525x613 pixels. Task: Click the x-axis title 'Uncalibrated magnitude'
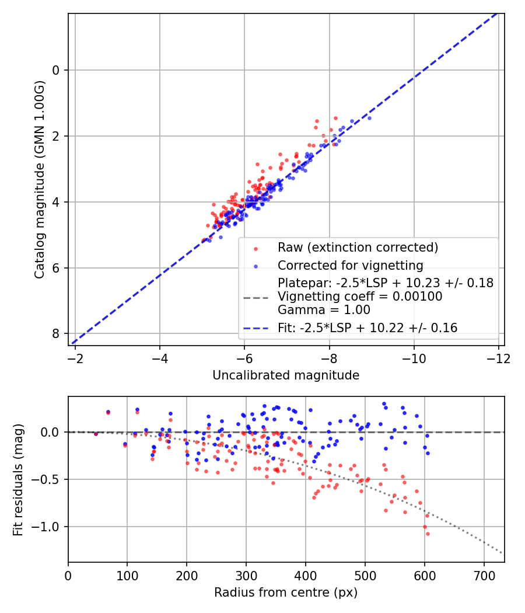pyautogui.click(x=286, y=375)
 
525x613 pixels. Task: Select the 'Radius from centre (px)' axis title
pyautogui.click(x=286, y=593)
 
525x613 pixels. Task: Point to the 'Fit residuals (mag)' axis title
pyautogui.click(x=17, y=479)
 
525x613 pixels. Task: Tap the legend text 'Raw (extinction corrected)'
pyautogui.click(x=357, y=248)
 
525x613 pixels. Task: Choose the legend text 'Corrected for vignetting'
pyautogui.click(x=350, y=266)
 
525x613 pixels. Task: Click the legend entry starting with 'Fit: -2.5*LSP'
pyautogui.click(x=367, y=328)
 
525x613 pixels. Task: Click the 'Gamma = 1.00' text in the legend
pyautogui.click(x=324, y=309)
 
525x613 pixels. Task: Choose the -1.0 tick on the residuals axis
pyautogui.click(x=50, y=527)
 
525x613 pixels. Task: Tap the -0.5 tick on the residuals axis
pyautogui.click(x=50, y=479)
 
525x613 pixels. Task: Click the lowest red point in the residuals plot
pyautogui.click(x=428, y=534)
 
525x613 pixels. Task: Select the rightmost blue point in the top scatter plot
pyautogui.click(x=369, y=118)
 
